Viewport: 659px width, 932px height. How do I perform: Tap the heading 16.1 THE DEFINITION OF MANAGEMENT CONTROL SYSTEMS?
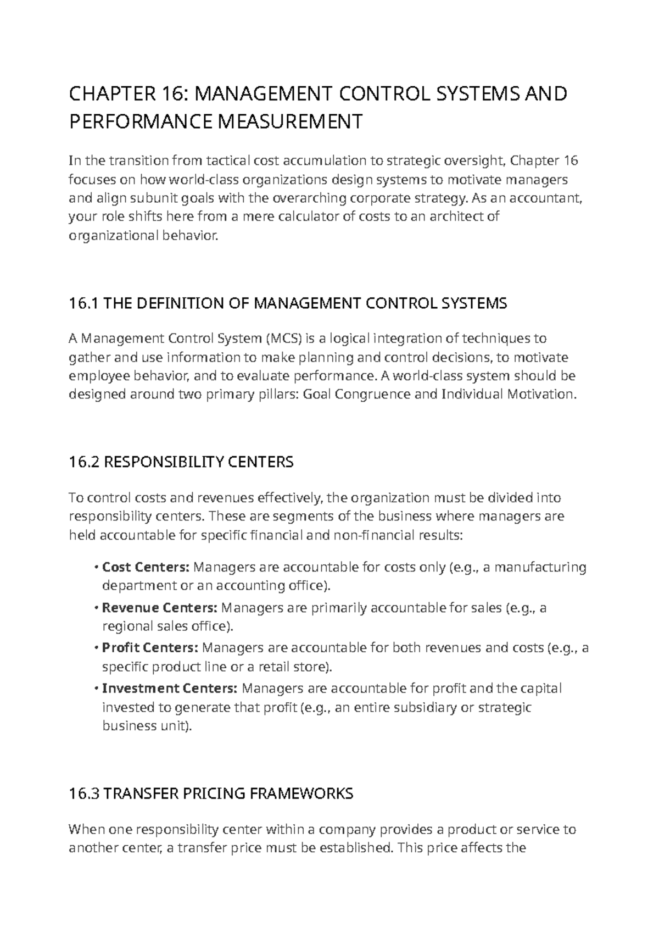(x=288, y=303)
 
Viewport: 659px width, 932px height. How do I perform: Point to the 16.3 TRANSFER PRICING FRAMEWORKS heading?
(x=211, y=794)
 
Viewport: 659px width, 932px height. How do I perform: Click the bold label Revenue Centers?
(x=160, y=608)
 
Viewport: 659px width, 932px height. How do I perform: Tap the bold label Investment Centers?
(x=170, y=689)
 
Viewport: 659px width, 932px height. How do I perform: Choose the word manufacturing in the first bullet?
(x=540, y=567)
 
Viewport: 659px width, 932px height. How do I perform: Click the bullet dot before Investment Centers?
(x=96, y=689)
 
